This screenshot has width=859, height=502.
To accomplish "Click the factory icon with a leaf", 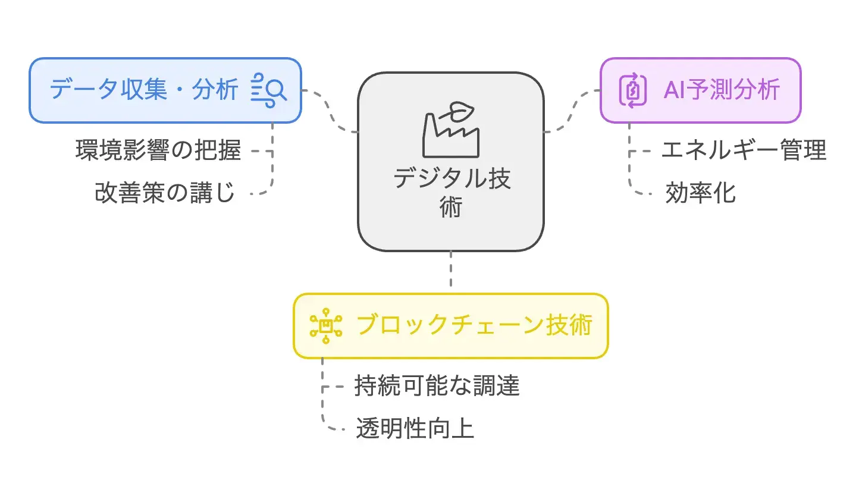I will click(451, 130).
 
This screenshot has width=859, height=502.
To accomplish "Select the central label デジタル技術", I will click(451, 192).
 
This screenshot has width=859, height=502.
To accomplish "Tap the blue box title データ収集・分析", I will click(143, 90).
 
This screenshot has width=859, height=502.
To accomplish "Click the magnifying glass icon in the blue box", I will click(269, 90).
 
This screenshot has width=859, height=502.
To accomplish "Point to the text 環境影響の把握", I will click(158, 150).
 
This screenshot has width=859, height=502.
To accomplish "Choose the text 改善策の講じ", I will click(165, 193).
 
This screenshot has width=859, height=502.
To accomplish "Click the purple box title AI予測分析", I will click(721, 90).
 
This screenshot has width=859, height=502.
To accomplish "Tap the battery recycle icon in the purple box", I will click(632, 90).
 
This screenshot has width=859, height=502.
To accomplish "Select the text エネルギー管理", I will click(744, 150).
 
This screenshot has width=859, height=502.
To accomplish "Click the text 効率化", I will click(700, 193).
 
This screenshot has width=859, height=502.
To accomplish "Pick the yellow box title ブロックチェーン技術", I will click(474, 325).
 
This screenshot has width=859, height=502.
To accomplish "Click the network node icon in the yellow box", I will click(326, 326).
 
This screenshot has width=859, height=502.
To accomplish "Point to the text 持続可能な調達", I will click(437, 386).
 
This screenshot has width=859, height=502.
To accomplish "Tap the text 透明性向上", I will click(415, 429).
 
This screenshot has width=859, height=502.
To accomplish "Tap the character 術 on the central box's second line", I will click(451, 208).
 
